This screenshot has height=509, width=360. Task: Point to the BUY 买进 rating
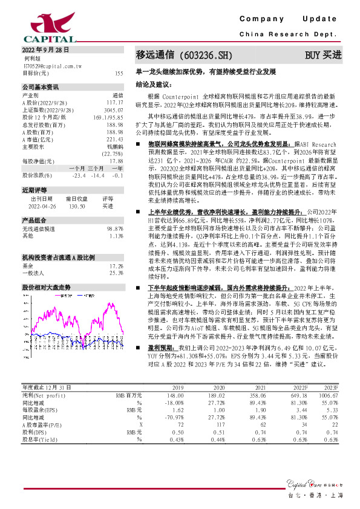323,55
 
